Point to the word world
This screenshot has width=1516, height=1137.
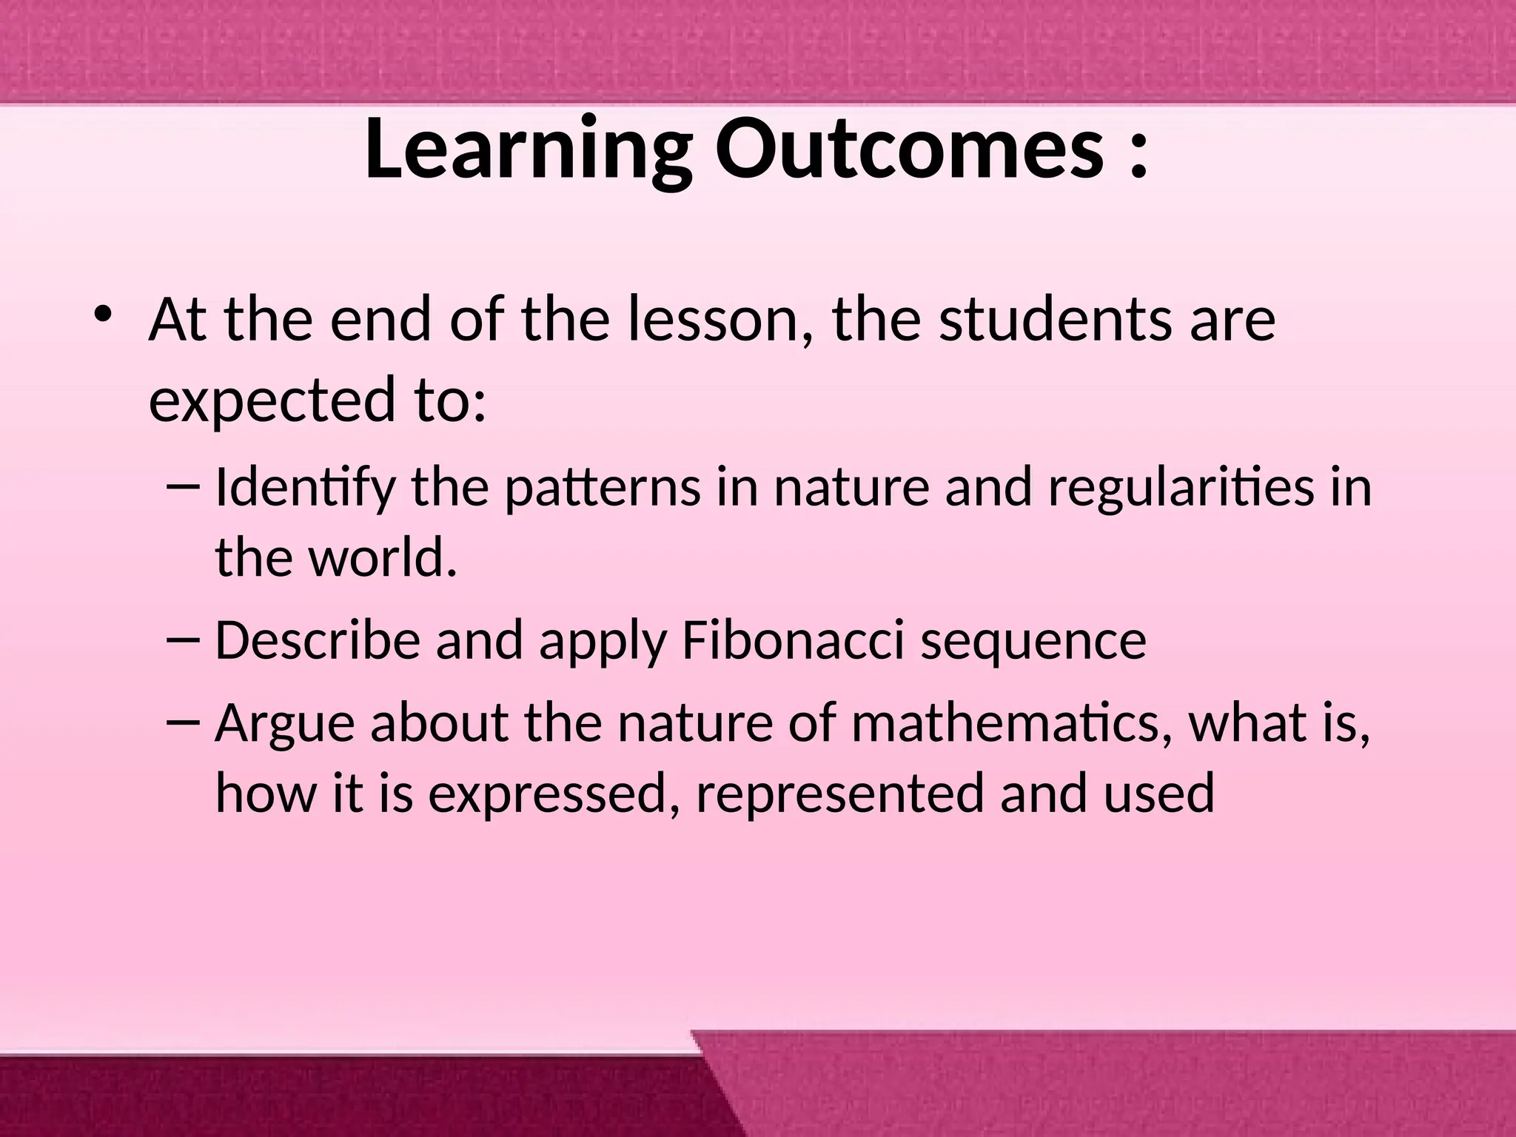click(x=382, y=558)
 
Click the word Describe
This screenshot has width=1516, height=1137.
click(x=318, y=641)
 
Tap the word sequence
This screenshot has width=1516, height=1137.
click(x=1033, y=641)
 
